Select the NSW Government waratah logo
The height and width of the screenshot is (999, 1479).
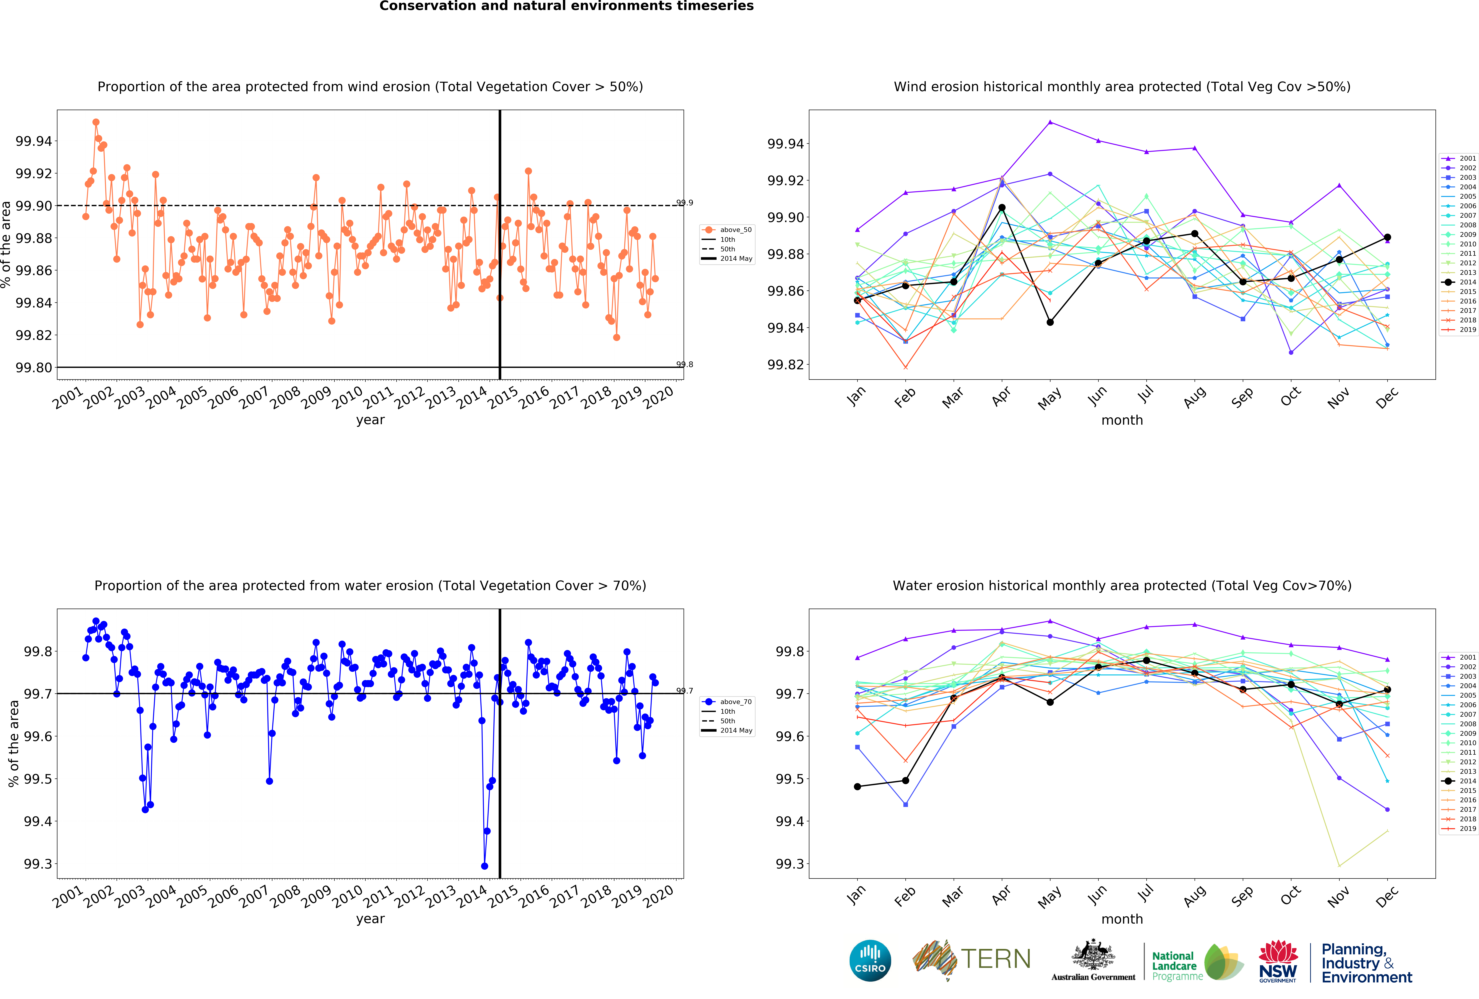pyautogui.click(x=1278, y=961)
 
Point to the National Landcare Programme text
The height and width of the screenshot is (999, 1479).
pyautogui.click(x=1177, y=966)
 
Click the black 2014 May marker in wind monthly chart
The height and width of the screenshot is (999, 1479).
pyautogui.click(x=1050, y=322)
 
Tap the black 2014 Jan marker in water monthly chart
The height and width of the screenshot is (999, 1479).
pyautogui.click(x=857, y=786)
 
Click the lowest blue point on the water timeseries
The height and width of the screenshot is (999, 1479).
pyautogui.click(x=484, y=866)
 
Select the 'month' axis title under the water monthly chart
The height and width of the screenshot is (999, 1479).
pyautogui.click(x=1122, y=919)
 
